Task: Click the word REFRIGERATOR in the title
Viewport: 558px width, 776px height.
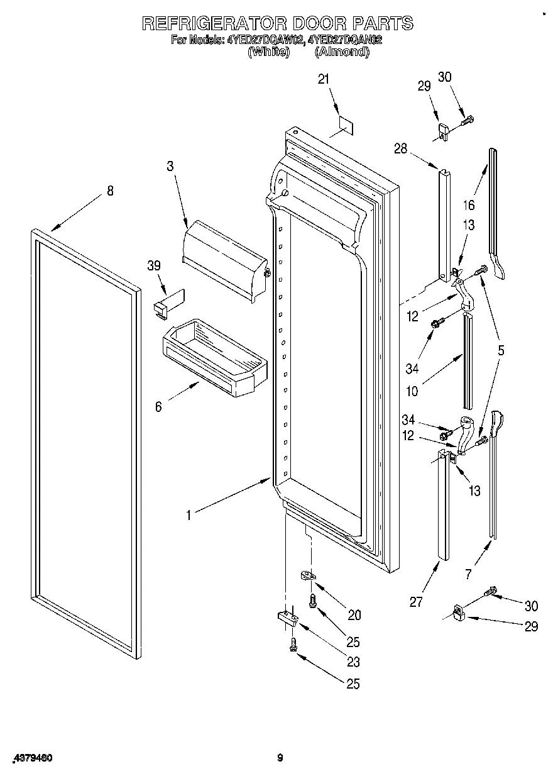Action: coord(214,23)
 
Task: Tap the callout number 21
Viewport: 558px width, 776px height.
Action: coord(324,79)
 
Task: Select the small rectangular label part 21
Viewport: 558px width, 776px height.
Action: coord(344,125)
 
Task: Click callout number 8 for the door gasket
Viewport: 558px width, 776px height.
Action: coord(111,191)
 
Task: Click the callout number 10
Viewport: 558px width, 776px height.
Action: coord(412,392)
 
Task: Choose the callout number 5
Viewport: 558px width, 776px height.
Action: coord(501,350)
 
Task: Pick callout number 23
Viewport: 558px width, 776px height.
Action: coord(354,662)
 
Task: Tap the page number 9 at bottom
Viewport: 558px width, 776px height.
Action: coord(280,758)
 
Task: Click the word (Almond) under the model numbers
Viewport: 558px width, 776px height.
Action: coord(342,53)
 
